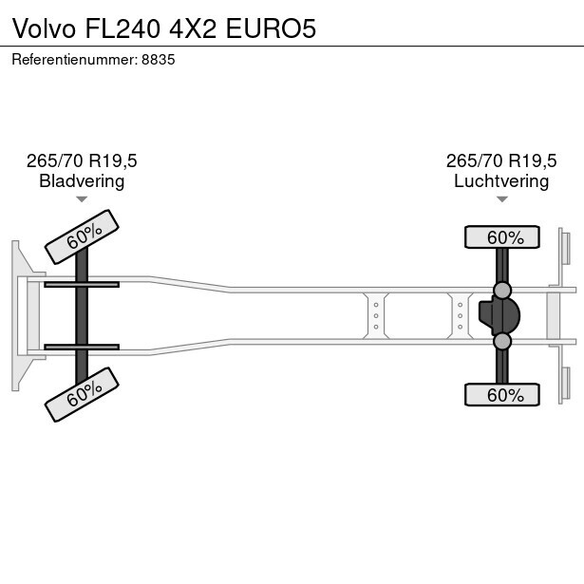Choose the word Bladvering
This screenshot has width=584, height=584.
82,181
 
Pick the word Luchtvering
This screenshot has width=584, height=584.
501,181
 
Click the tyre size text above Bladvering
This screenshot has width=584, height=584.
82,160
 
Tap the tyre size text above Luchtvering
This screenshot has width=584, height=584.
501,160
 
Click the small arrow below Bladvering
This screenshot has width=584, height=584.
82,199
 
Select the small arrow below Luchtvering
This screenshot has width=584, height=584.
501,199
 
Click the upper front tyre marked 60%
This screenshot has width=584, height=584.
84,235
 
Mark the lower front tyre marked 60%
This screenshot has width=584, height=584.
84,393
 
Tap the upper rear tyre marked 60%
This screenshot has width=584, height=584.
501,237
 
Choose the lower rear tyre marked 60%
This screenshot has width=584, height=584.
501,395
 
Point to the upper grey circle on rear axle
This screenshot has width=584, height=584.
502,290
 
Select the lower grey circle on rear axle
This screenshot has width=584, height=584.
502,341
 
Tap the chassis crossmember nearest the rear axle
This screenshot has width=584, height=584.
460,314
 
